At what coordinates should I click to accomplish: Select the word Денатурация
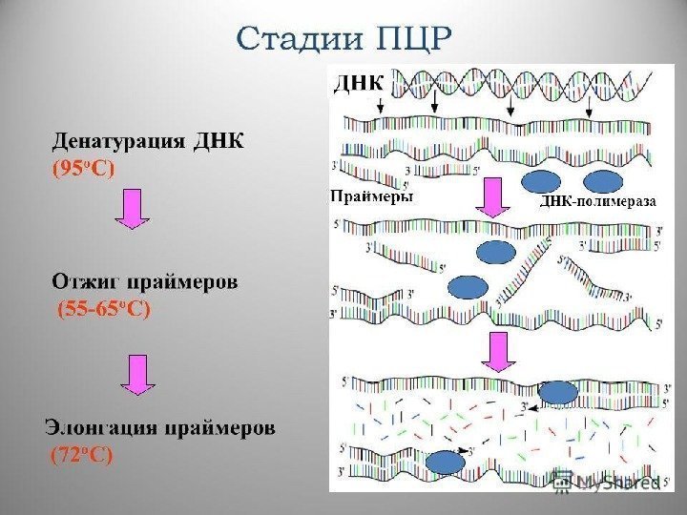[117, 142]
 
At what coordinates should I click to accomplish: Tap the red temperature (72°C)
[81, 455]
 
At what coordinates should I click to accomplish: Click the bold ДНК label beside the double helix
[356, 84]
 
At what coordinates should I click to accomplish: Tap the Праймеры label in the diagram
[371, 198]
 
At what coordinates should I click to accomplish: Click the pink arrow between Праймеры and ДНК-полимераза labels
[492, 198]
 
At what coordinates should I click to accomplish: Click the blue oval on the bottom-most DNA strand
[444, 463]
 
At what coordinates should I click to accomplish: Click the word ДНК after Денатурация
[219, 142]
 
